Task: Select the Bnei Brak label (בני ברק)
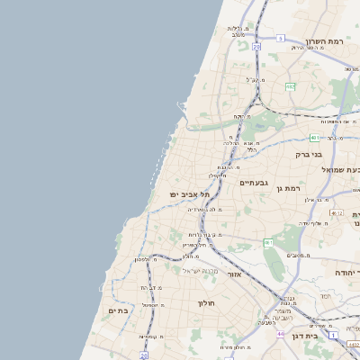(x=309, y=154)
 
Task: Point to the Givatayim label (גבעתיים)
(x=253, y=183)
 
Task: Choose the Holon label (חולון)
(x=209, y=303)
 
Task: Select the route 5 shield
(x=281, y=39)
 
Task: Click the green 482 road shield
(x=290, y=86)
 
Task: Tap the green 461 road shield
(x=268, y=243)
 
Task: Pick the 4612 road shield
(x=337, y=212)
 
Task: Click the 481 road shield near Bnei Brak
(x=313, y=138)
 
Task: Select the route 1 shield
(x=332, y=335)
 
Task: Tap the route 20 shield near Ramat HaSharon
(x=256, y=45)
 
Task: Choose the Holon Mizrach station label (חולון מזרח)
(x=233, y=346)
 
